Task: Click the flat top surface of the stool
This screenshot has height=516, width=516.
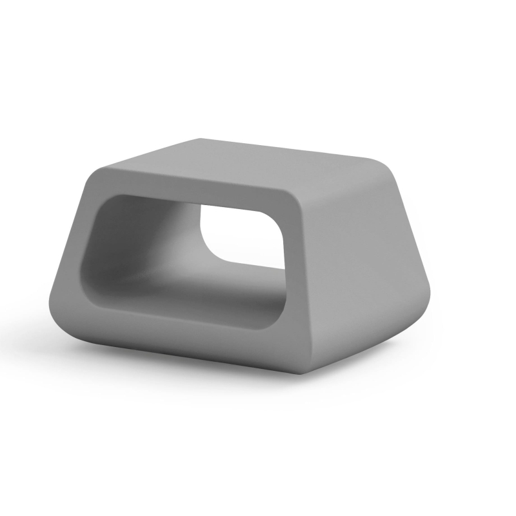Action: (258, 164)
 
